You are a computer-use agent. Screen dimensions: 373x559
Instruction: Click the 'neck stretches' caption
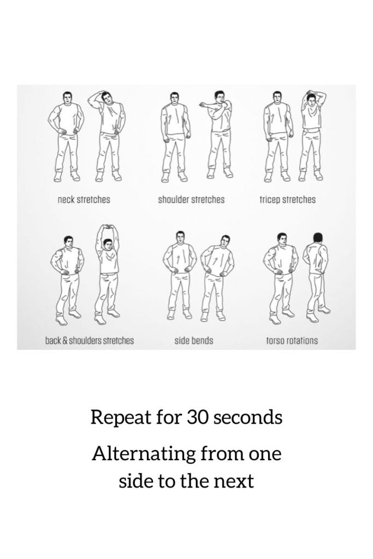[x=84, y=199]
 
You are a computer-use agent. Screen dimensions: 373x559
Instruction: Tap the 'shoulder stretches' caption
[x=192, y=199]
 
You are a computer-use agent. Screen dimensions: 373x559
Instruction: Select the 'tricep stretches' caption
[x=288, y=200]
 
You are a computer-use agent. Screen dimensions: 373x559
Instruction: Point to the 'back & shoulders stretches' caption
[x=90, y=341]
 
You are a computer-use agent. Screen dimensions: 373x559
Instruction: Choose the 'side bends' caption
[x=194, y=341]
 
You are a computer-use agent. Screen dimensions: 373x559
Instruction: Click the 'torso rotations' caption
[x=292, y=341]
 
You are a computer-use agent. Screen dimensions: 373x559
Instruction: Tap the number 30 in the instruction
[x=197, y=417]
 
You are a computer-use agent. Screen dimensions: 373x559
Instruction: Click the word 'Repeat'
[x=120, y=418]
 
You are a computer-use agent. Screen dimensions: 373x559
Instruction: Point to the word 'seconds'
[x=248, y=418]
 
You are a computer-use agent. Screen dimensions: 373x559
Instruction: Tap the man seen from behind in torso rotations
[x=316, y=277]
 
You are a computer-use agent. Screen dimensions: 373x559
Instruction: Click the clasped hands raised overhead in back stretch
[x=106, y=227]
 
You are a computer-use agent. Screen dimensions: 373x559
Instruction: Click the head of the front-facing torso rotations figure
[x=282, y=239]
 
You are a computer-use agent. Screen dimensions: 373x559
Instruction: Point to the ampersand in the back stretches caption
[x=64, y=341]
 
